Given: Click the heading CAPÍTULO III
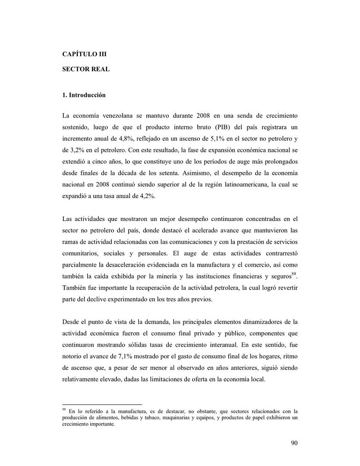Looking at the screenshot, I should tap(84, 54).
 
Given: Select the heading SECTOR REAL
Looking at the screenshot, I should tap(86, 69).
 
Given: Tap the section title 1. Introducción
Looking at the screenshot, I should tap(84, 95).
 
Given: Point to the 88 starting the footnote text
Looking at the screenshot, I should tap(64, 408).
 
